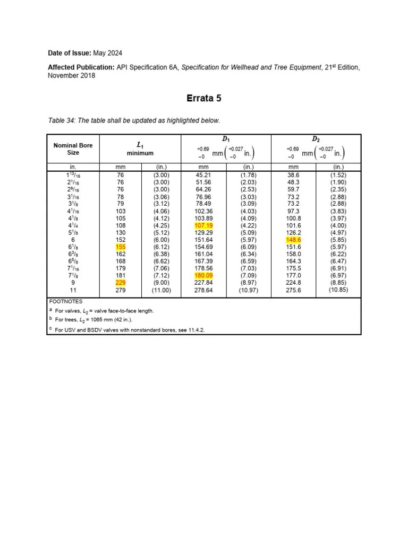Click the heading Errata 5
click(203, 98)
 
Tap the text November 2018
click(72, 75)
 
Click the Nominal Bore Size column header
click(73, 149)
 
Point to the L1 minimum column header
click(140, 149)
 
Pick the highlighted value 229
click(120, 283)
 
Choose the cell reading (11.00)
click(160, 290)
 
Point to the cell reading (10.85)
click(338, 290)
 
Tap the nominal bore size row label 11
click(73, 290)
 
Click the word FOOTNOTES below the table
click(66, 301)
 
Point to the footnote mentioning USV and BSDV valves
click(130, 330)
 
